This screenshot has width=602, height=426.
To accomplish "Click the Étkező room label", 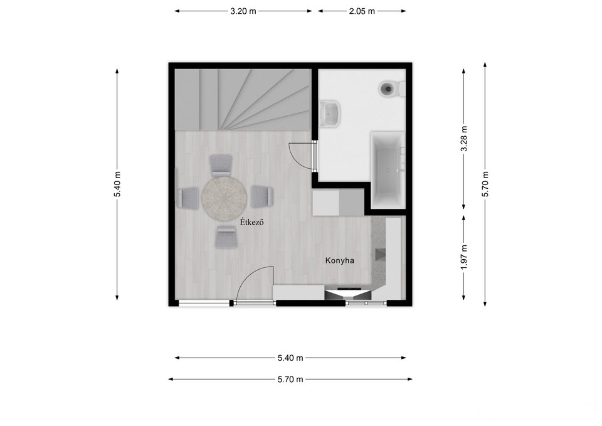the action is coord(252,222).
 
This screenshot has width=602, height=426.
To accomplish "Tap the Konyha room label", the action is coord(340,260).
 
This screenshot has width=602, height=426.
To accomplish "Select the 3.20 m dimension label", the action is coord(243,11).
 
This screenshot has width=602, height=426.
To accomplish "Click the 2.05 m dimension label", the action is coord(362,11).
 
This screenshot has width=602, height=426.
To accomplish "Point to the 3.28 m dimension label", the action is coord(464,139).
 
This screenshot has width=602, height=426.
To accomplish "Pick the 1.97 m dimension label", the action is coord(464,257).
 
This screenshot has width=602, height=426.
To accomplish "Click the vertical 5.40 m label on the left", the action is coord(117,184).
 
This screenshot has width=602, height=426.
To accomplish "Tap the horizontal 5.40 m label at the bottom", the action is coord(290,358).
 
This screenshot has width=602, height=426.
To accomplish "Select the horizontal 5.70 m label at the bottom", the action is coord(290,380).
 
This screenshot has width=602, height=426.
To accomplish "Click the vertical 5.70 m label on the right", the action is coord(485,184).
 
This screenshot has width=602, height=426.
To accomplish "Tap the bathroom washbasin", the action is coord(330,114).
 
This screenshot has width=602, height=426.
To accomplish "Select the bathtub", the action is coord(388,171).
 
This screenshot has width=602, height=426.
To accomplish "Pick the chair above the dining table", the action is coord(221,166).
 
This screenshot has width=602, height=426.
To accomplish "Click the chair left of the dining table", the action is coord(187,198).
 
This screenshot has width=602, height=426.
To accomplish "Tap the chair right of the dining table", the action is coord(262,196).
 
